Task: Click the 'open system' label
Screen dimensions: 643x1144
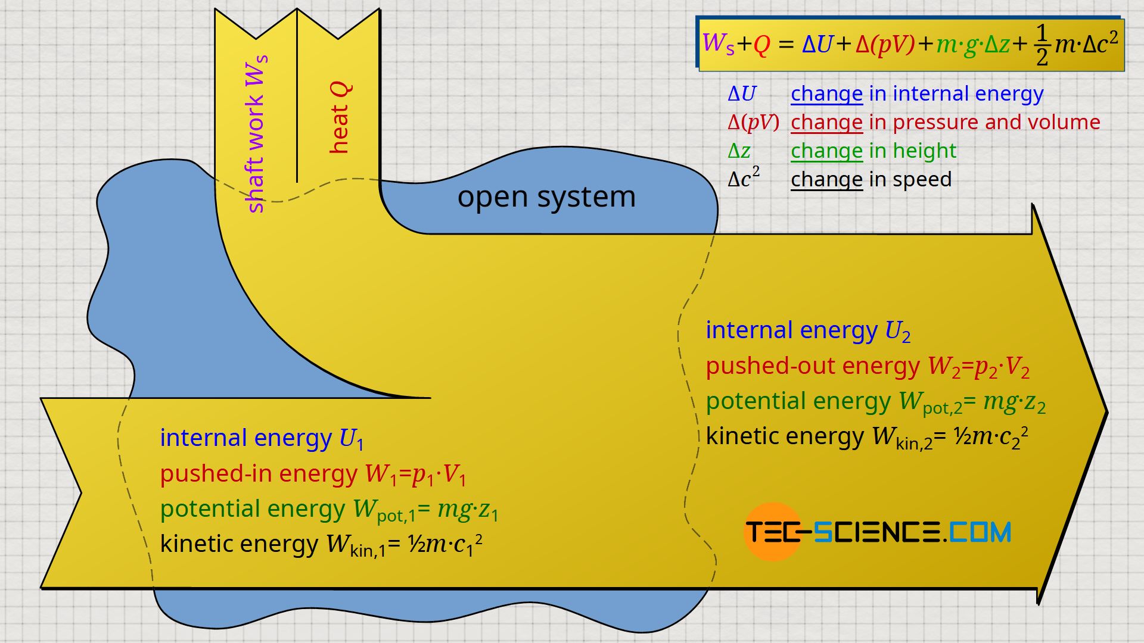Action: pos(546,197)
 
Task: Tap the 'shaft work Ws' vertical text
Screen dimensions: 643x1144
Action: pos(256,134)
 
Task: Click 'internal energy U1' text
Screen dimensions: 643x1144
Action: pos(261,438)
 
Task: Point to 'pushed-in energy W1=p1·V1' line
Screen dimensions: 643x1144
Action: pos(313,474)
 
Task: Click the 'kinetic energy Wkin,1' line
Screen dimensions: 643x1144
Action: pos(321,544)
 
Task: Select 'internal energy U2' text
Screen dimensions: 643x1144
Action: pos(807,330)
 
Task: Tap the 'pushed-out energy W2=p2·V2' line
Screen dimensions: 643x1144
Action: pos(867,367)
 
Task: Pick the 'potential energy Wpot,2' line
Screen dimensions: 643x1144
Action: pos(875,402)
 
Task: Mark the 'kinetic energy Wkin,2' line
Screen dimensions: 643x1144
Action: pos(866,437)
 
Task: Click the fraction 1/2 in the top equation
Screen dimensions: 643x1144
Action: pos(1042,45)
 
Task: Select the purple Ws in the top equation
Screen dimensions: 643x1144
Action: pos(718,43)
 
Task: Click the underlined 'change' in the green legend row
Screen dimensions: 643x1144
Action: pos(826,151)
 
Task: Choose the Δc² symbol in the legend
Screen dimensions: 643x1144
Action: pos(744,179)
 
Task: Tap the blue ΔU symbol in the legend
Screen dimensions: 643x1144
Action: pos(742,93)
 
